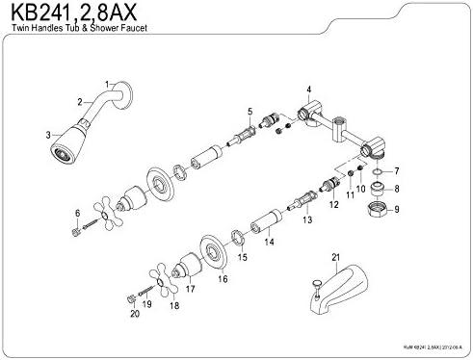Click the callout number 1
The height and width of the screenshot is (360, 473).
pos(108,85)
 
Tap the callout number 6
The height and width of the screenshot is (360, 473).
pos(64,212)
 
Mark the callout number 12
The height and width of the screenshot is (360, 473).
pos(334,205)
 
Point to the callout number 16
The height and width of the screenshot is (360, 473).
pos(222,278)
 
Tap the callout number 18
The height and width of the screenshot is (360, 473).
pos(173,305)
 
